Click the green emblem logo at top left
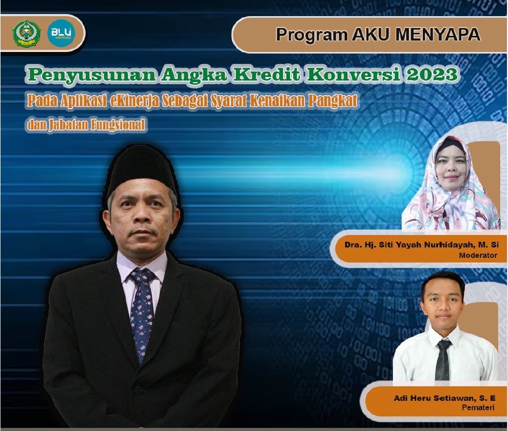pos(26,33)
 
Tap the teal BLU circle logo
pos(61,33)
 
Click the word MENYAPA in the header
pos(438,35)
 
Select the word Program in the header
pos(311,35)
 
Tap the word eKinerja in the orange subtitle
pos(134,101)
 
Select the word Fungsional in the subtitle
pos(118,125)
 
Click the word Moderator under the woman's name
pos(478,255)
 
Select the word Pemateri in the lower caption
pos(478,407)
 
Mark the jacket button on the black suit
pos(139,390)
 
